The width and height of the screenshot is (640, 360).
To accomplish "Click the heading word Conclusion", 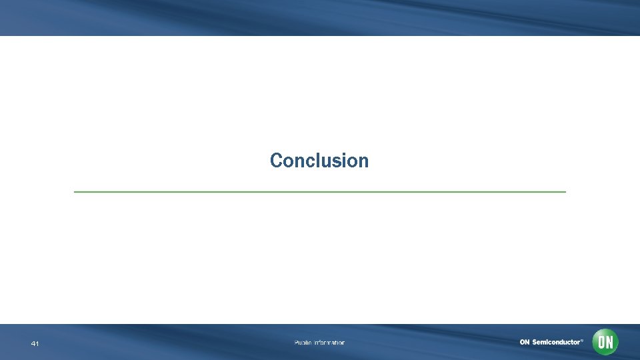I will coord(319,161).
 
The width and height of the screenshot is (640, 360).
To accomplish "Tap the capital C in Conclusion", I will coord(276,161).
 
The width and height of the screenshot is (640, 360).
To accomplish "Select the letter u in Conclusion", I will coord(327,162).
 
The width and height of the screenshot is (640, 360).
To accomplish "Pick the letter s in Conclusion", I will coord(337,162).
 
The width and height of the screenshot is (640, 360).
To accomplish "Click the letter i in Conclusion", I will coord(345,161).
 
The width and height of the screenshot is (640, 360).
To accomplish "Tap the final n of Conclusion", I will coord(363,162).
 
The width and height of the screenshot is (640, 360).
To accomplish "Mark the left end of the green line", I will coord(75,192).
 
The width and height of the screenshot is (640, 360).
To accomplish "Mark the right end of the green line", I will coord(565,192).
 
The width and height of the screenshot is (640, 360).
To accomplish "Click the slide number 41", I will coord(35,344).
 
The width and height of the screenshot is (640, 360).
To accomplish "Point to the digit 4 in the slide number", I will coord(33,344).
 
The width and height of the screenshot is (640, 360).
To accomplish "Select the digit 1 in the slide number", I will coord(37,344).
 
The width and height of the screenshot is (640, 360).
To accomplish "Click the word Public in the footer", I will coord(303,343).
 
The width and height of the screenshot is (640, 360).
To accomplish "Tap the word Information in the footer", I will coord(330,343).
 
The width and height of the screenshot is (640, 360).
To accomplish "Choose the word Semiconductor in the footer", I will coord(556,342).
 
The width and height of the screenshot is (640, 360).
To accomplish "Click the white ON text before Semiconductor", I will coord(525,342).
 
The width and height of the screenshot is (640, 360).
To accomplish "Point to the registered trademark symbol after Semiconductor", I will coord(582,340).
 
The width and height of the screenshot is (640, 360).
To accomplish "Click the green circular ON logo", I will coord(605,342).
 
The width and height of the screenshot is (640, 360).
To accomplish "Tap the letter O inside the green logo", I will coord(601,342).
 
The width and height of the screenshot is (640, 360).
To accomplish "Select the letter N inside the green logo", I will coord(609,342).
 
